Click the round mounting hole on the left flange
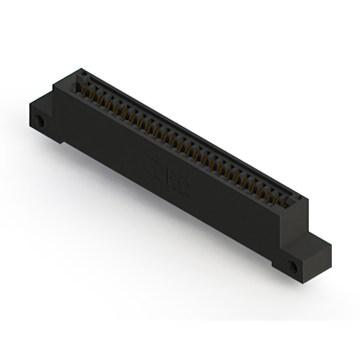point(39,121)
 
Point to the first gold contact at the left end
point(86,90)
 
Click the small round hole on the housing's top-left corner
point(81,73)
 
